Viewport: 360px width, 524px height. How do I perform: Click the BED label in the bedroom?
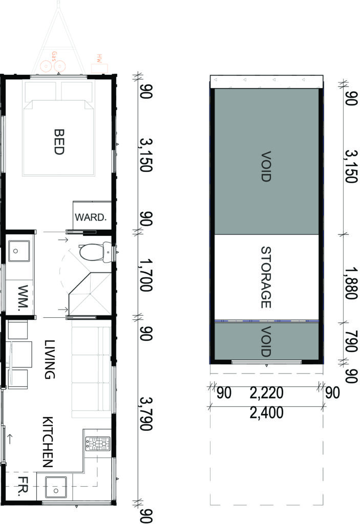pyautogui.click(x=58, y=142)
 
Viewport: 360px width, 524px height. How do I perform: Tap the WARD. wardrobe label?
pyautogui.click(x=91, y=216)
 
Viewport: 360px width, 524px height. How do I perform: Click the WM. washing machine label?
pyautogui.click(x=21, y=295)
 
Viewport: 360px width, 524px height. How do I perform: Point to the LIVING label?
pyautogui.click(x=49, y=359)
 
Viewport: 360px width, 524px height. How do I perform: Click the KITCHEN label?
pyautogui.click(x=48, y=442)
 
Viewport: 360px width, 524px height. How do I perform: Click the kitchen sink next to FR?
pyautogui.click(x=55, y=487)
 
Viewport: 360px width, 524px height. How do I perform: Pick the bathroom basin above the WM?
pyautogui.click(x=18, y=251)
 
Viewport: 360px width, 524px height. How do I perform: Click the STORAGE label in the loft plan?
pyautogui.click(x=265, y=277)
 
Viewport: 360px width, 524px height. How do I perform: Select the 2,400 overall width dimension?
pyautogui.click(x=266, y=412)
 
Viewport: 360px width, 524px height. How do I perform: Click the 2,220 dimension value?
pyautogui.click(x=266, y=393)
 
